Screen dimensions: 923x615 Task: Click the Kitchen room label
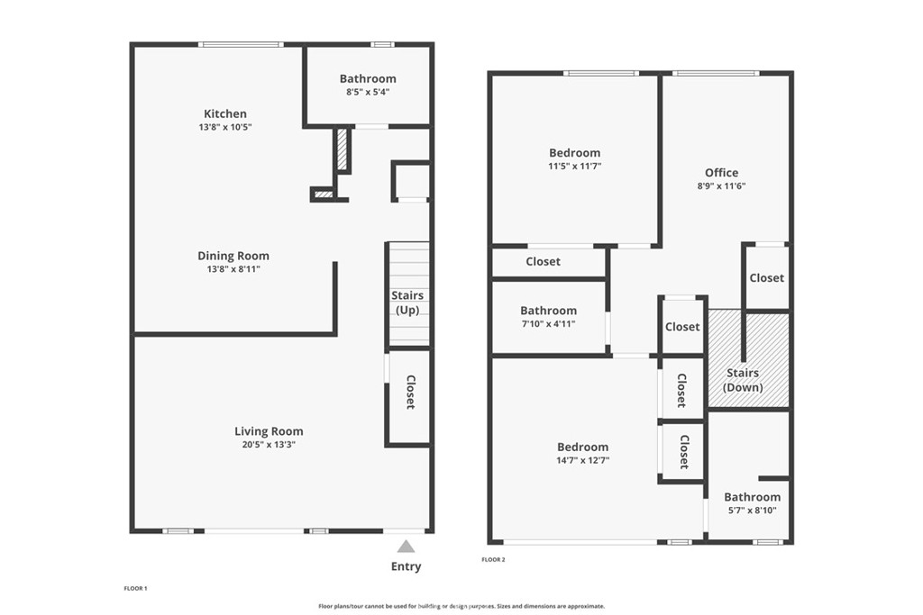pyautogui.click(x=225, y=113)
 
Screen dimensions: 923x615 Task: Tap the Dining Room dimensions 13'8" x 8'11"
pyautogui.click(x=233, y=269)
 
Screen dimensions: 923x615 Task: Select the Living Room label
pyautogui.click(x=269, y=431)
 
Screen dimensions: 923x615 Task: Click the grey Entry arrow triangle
pyautogui.click(x=406, y=547)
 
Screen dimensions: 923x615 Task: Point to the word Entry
pyautogui.click(x=407, y=566)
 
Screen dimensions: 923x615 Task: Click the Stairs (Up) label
pyautogui.click(x=407, y=303)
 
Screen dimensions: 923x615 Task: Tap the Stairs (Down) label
pyautogui.click(x=743, y=380)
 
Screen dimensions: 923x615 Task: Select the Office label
pyautogui.click(x=722, y=172)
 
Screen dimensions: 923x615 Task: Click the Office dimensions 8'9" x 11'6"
pyautogui.click(x=722, y=185)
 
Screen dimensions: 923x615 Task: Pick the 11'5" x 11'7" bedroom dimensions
pyautogui.click(x=574, y=167)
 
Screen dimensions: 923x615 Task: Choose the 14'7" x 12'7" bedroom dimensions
pyautogui.click(x=583, y=460)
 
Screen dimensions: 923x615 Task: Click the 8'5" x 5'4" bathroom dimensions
pyautogui.click(x=368, y=92)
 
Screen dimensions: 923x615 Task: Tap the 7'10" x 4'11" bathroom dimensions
pyautogui.click(x=549, y=323)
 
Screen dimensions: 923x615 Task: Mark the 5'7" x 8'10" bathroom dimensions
pyautogui.click(x=753, y=511)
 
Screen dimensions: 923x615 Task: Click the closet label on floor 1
pyautogui.click(x=410, y=393)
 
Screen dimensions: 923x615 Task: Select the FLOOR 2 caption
pyautogui.click(x=493, y=560)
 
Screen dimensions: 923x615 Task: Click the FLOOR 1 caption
pyautogui.click(x=135, y=588)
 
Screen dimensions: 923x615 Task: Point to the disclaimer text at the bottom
pyautogui.click(x=461, y=606)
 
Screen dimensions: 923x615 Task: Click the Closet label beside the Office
pyautogui.click(x=766, y=277)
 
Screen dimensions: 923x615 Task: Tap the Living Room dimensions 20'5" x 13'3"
pyautogui.click(x=269, y=445)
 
